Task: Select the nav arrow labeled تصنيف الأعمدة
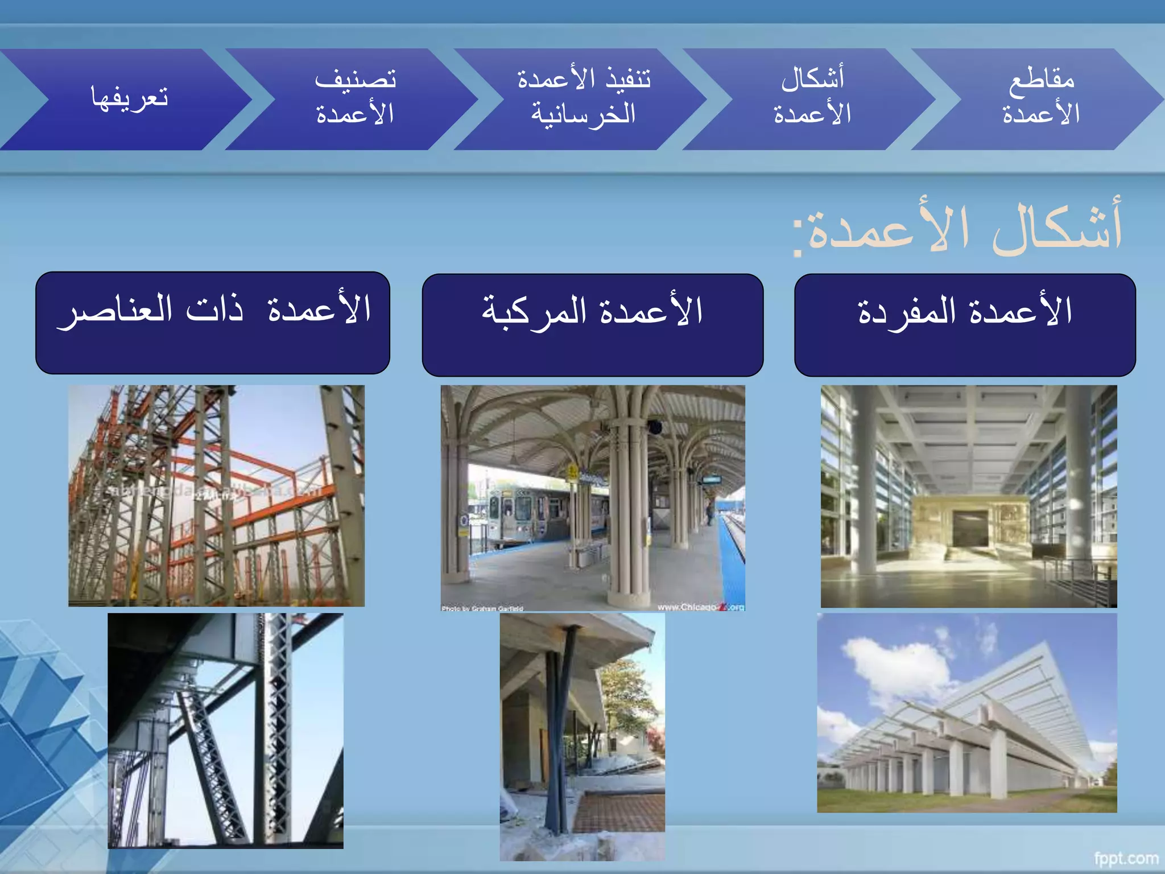click(x=355, y=98)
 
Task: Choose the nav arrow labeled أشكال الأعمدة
click(x=812, y=98)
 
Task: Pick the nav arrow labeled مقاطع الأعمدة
click(x=1040, y=98)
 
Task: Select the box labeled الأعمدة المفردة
click(x=965, y=324)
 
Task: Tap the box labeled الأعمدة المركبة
click(x=592, y=324)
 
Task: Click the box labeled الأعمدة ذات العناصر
click(x=212, y=323)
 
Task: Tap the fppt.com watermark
click(x=1126, y=858)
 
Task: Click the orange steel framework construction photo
click(x=216, y=495)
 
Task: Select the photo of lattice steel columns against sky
click(x=225, y=730)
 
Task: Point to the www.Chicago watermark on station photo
click(x=700, y=607)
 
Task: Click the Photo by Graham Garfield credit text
click(x=482, y=608)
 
